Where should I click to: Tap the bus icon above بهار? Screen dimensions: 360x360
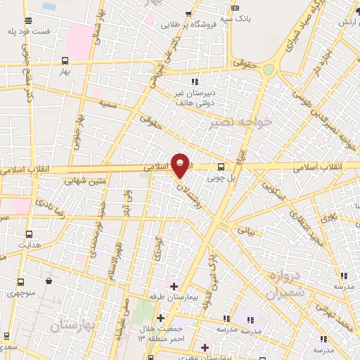65,60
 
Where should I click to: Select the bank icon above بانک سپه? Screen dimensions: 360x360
233,8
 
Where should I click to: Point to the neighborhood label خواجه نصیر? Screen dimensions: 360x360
232,123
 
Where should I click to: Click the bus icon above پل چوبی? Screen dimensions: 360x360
221,167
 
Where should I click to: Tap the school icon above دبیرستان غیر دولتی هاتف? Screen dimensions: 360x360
195,82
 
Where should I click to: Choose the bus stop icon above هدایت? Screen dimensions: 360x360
30,234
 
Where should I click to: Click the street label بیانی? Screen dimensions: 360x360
242,230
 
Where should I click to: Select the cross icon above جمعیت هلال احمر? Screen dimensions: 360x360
161,319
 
